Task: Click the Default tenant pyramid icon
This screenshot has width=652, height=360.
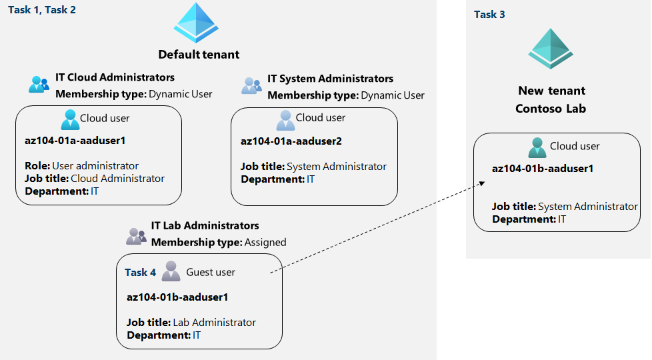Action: pyautogui.click(x=196, y=23)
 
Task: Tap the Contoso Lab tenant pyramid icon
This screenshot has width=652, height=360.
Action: pyautogui.click(x=551, y=49)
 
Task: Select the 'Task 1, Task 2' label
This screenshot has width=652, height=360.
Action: pyautogui.click(x=42, y=10)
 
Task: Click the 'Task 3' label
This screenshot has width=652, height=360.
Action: pyautogui.click(x=489, y=14)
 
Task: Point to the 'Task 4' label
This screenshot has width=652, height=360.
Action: pyautogui.click(x=140, y=272)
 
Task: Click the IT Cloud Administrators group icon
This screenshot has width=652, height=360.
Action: pyautogui.click(x=39, y=85)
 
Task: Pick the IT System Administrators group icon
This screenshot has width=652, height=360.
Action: pyautogui.click(x=251, y=86)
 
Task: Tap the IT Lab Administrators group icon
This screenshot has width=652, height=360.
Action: pyautogui.click(x=136, y=235)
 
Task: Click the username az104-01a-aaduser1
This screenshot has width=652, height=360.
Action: pyautogui.click(x=75, y=141)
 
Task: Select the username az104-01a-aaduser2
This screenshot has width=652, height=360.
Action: pyautogui.click(x=291, y=141)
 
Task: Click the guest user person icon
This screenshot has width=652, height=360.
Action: pyautogui.click(x=171, y=271)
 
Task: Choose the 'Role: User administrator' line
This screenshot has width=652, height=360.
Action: pyautogui.click(x=82, y=165)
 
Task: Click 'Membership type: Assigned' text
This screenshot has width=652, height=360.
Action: pyautogui.click(x=219, y=242)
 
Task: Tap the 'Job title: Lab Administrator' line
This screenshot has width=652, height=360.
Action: pyautogui.click(x=191, y=322)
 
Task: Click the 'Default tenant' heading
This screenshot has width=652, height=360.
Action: pyautogui.click(x=199, y=55)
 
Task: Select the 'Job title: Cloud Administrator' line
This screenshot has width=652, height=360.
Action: pyautogui.click(x=95, y=178)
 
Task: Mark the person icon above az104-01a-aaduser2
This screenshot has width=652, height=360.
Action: pyautogui.click(x=285, y=119)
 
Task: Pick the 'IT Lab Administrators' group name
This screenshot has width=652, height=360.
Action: pyautogui.click(x=205, y=226)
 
